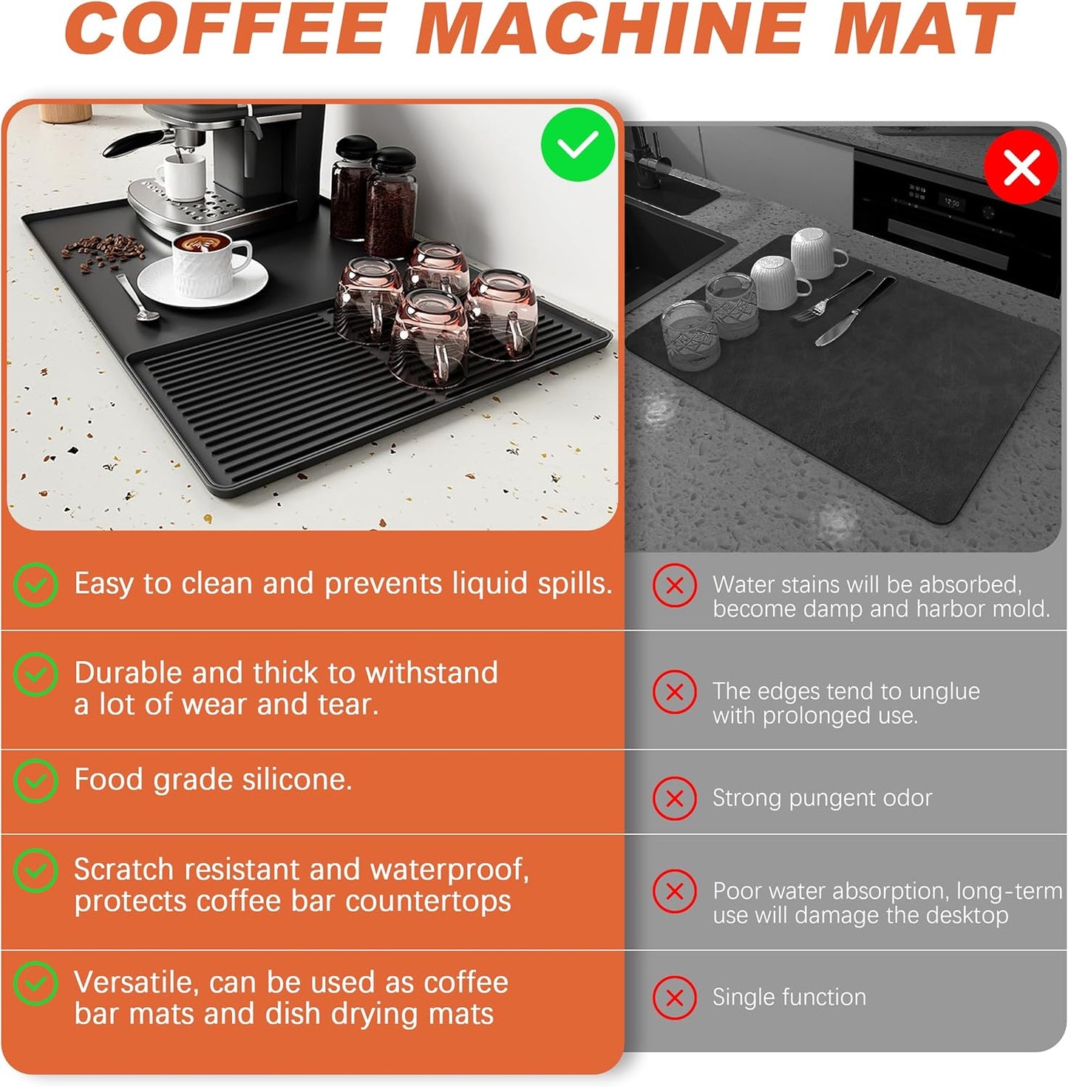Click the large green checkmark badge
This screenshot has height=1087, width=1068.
[x=577, y=145]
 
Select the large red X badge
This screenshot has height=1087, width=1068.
[x=1021, y=166]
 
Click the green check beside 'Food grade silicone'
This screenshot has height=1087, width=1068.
[x=35, y=780]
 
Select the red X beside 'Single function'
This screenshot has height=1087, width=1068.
[x=674, y=998]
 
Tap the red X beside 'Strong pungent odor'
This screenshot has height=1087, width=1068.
[x=674, y=799]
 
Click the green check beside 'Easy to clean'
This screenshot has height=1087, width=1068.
[x=35, y=584]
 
